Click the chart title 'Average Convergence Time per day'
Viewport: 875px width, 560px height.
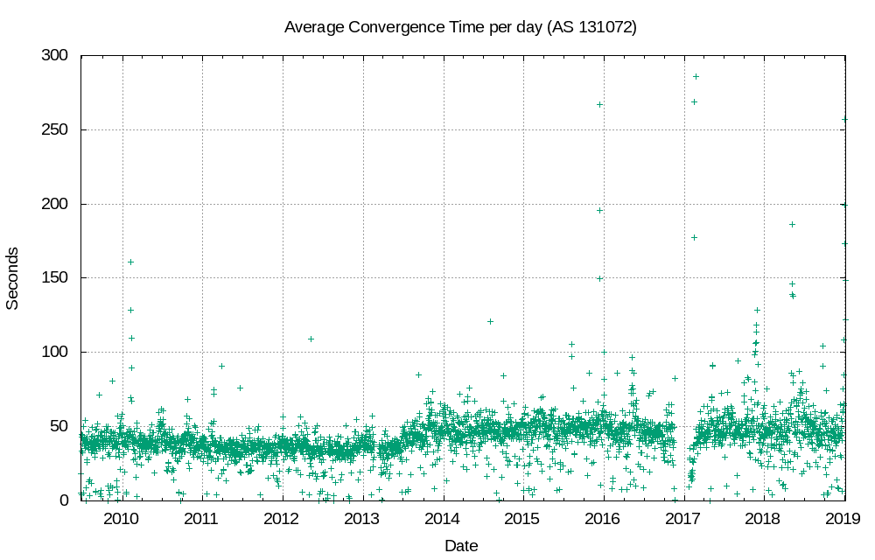tap(460, 27)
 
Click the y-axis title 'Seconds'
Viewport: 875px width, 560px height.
tap(13, 278)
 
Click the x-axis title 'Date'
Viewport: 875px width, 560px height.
tap(461, 546)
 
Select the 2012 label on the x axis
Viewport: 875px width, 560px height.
tap(282, 519)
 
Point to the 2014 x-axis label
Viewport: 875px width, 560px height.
tap(443, 519)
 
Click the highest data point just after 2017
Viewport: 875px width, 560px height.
tap(696, 76)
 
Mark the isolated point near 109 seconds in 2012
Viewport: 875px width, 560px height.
tap(311, 339)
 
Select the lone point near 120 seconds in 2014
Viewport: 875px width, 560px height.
tap(490, 321)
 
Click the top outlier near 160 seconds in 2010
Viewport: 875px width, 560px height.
tap(130, 262)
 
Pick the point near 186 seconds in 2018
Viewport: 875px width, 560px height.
tap(792, 224)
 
